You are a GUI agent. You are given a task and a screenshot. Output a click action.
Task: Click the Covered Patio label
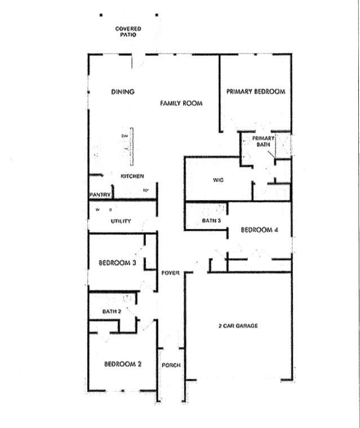point(128,31)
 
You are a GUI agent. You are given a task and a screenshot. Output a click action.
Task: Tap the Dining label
point(122,92)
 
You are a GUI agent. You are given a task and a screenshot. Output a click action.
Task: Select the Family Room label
point(181,103)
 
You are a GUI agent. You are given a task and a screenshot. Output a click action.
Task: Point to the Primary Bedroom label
point(255,91)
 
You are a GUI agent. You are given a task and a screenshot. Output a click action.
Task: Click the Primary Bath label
point(263,141)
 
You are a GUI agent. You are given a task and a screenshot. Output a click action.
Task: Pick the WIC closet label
point(219,180)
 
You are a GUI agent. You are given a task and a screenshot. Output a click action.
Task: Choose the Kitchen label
point(132,177)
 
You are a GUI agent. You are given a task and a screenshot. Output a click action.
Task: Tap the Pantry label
point(99,195)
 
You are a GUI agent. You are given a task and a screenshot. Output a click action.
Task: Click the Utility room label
point(121,222)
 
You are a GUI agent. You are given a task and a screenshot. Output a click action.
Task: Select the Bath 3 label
point(211,220)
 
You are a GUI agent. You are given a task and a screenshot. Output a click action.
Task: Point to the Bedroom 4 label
point(259,230)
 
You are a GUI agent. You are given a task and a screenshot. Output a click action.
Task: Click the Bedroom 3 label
point(117,262)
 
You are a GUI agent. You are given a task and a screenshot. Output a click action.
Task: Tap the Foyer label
point(170,273)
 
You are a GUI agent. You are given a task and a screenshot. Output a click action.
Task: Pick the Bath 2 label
point(112,311)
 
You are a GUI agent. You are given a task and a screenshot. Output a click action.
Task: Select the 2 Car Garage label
point(238,326)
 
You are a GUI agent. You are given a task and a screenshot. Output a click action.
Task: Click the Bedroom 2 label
point(122,364)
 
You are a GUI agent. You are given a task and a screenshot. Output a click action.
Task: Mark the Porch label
point(171,365)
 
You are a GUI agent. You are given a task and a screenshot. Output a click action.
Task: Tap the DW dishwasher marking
point(124,136)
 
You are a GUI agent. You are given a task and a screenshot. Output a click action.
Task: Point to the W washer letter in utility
point(97,210)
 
